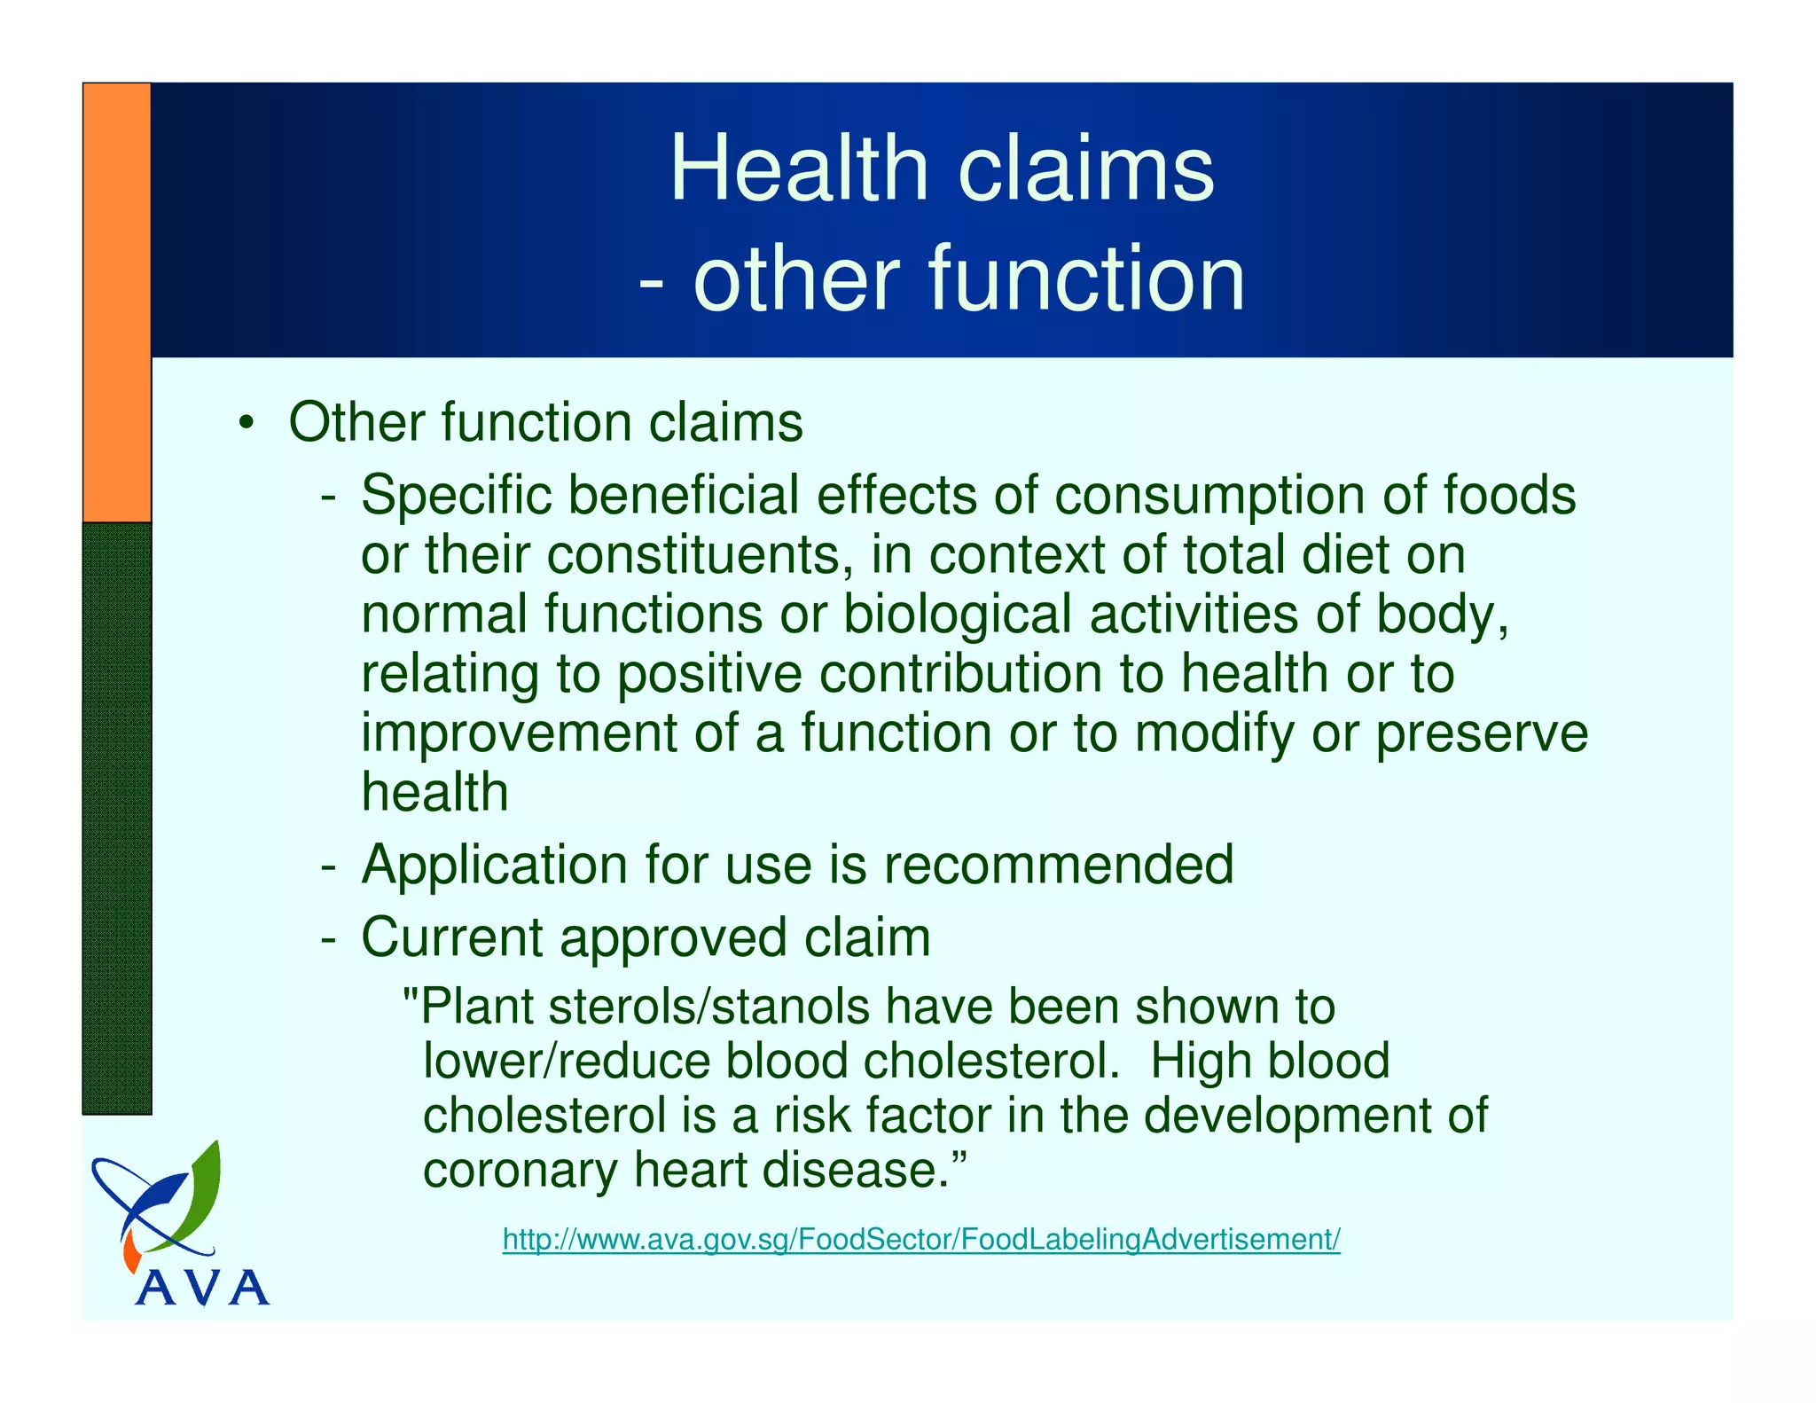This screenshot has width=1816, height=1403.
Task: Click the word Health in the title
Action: pos(798,169)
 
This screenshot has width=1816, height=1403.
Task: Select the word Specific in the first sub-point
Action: pos(456,495)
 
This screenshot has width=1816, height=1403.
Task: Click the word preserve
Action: pos(1481,733)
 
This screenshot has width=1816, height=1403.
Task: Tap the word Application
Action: pos(495,865)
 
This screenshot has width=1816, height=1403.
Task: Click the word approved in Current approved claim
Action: pos(672,937)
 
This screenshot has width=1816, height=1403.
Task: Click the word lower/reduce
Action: pos(566,1062)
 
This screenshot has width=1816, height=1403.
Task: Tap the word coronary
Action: pos(520,1170)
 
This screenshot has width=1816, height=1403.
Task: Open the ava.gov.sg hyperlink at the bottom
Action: pos(920,1239)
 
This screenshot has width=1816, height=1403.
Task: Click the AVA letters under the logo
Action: pos(202,1288)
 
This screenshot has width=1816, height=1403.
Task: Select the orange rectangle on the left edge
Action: pos(117,302)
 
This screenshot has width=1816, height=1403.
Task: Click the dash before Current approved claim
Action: pos(328,937)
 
